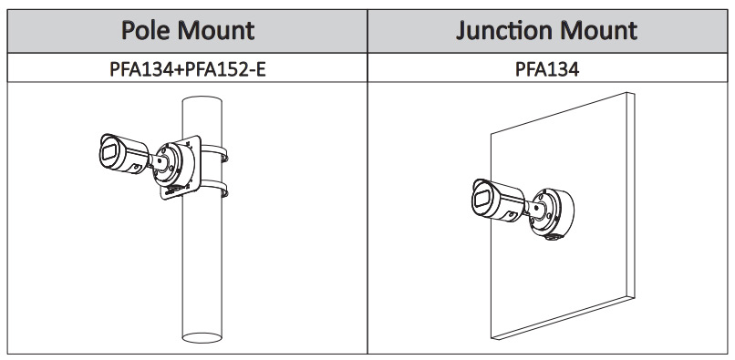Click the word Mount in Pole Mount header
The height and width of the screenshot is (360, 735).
[x=215, y=30]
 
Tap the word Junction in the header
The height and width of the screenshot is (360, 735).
[x=504, y=30]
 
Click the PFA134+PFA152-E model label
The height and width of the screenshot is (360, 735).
[x=188, y=69]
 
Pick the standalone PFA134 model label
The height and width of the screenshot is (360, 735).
[x=547, y=69]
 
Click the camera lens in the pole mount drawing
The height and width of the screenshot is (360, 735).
[x=109, y=153]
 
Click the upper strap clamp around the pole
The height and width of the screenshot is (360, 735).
[x=214, y=153]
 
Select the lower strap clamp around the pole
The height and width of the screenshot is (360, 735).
[x=214, y=188]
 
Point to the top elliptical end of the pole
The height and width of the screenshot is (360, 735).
[x=202, y=101]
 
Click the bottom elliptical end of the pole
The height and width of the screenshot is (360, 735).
[x=202, y=338]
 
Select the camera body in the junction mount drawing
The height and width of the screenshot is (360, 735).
[x=498, y=201]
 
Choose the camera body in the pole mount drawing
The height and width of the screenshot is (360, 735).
[x=124, y=154]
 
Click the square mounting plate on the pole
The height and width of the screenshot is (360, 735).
[x=181, y=168]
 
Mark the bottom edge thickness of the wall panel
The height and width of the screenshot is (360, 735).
[x=563, y=318]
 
